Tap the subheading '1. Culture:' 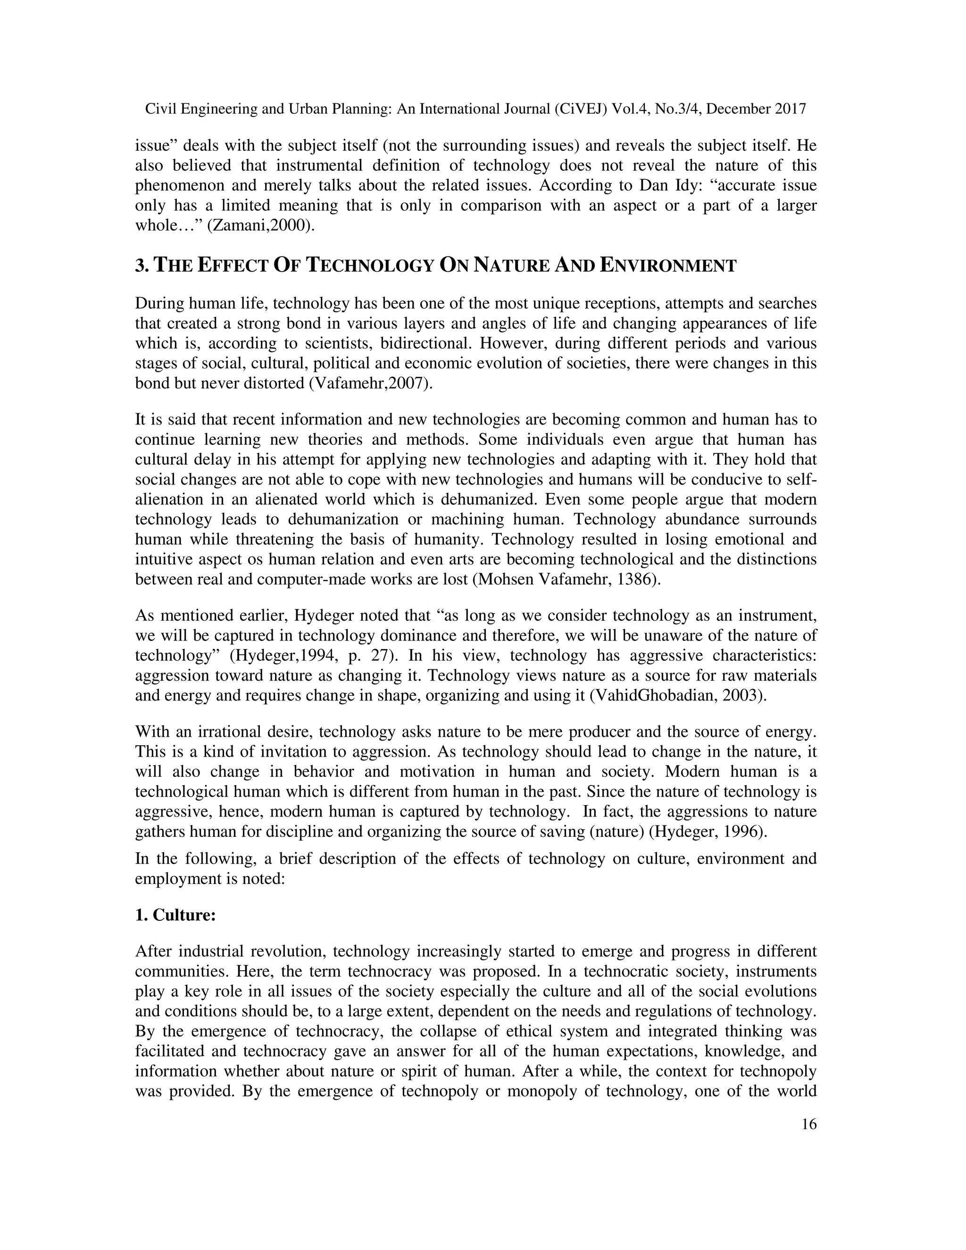pyautogui.click(x=175, y=915)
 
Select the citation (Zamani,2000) pyautogui.click(x=260, y=225)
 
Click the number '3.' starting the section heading pyautogui.click(x=142, y=266)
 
